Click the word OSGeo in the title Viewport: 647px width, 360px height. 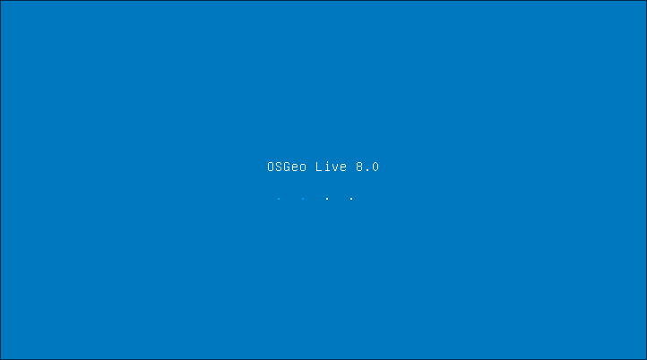[287, 167]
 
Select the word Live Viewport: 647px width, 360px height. [331, 167]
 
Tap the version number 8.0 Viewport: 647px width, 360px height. [367, 167]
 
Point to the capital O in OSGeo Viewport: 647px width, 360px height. [271, 167]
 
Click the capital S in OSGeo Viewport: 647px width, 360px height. [279, 167]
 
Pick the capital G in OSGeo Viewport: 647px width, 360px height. [287, 167]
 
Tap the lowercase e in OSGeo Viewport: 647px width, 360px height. [295, 167]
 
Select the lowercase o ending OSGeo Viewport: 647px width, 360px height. [303, 167]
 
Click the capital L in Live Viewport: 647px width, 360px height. [319, 167]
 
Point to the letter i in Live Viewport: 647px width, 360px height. [327, 167]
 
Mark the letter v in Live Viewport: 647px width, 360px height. [335, 167]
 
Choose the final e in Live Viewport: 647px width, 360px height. [343, 167]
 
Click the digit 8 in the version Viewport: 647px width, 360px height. [359, 167]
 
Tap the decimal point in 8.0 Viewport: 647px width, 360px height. [367, 170]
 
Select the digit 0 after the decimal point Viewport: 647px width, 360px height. [375, 167]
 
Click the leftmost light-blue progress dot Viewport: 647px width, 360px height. [279, 199]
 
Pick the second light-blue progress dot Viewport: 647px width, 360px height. [303, 199]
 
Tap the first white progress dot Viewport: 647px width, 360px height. [327, 199]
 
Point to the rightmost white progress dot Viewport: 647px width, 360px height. [351, 199]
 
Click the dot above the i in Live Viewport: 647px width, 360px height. [327, 162]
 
